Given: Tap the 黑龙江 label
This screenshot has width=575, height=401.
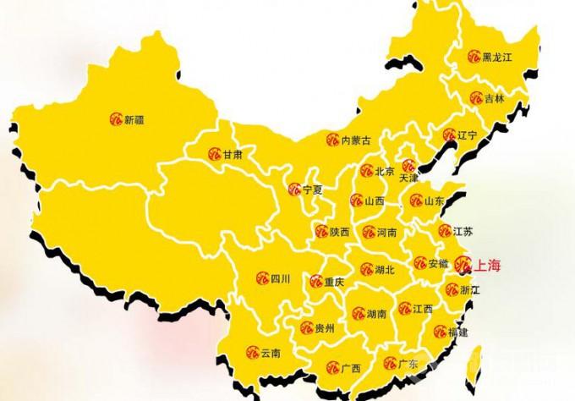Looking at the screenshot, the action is (497, 58).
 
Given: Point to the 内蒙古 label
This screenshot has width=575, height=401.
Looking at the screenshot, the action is (355, 140).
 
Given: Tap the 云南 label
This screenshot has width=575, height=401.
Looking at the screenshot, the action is (270, 352).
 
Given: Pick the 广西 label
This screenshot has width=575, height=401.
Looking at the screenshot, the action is (352, 368).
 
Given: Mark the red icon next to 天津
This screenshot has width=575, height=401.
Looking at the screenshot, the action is (408, 166).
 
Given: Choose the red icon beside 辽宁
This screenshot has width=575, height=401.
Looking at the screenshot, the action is (450, 135).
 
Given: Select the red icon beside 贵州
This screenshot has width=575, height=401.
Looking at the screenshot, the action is (306, 328).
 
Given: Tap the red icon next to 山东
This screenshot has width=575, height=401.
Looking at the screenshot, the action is (415, 200).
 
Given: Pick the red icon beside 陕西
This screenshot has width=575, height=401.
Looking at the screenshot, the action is (320, 231).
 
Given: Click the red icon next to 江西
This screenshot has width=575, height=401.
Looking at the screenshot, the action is (405, 309).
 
